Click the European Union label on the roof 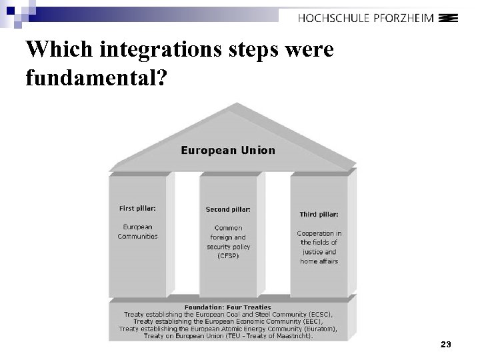(x=228, y=150)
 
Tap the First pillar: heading (x=137, y=208)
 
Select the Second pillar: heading (x=228, y=209)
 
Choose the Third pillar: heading (x=319, y=214)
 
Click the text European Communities (x=137, y=231)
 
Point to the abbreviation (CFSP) (x=228, y=255)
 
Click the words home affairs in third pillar (x=319, y=261)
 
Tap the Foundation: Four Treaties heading (x=228, y=307)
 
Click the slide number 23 (x=446, y=344)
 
